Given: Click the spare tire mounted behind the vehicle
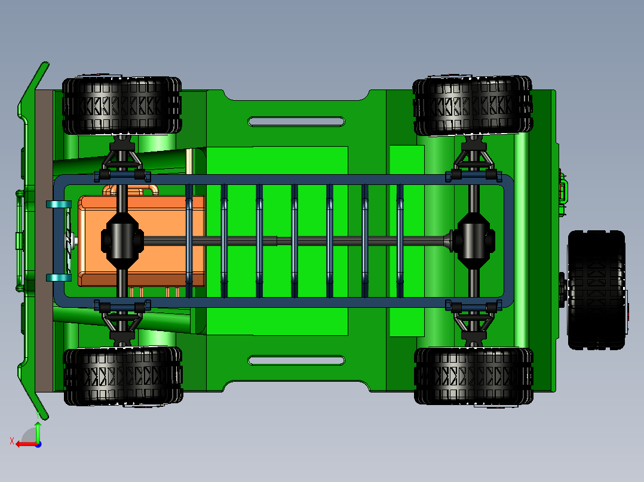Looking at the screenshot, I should (x=596, y=289).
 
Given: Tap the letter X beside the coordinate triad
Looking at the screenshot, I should (x=11, y=441).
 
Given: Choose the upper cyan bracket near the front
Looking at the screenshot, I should (x=59, y=204).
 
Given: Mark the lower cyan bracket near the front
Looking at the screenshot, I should (x=59, y=277).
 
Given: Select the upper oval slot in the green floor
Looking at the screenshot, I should (x=296, y=122).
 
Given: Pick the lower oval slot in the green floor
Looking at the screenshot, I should (x=296, y=360).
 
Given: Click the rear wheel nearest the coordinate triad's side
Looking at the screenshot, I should (x=473, y=376).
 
